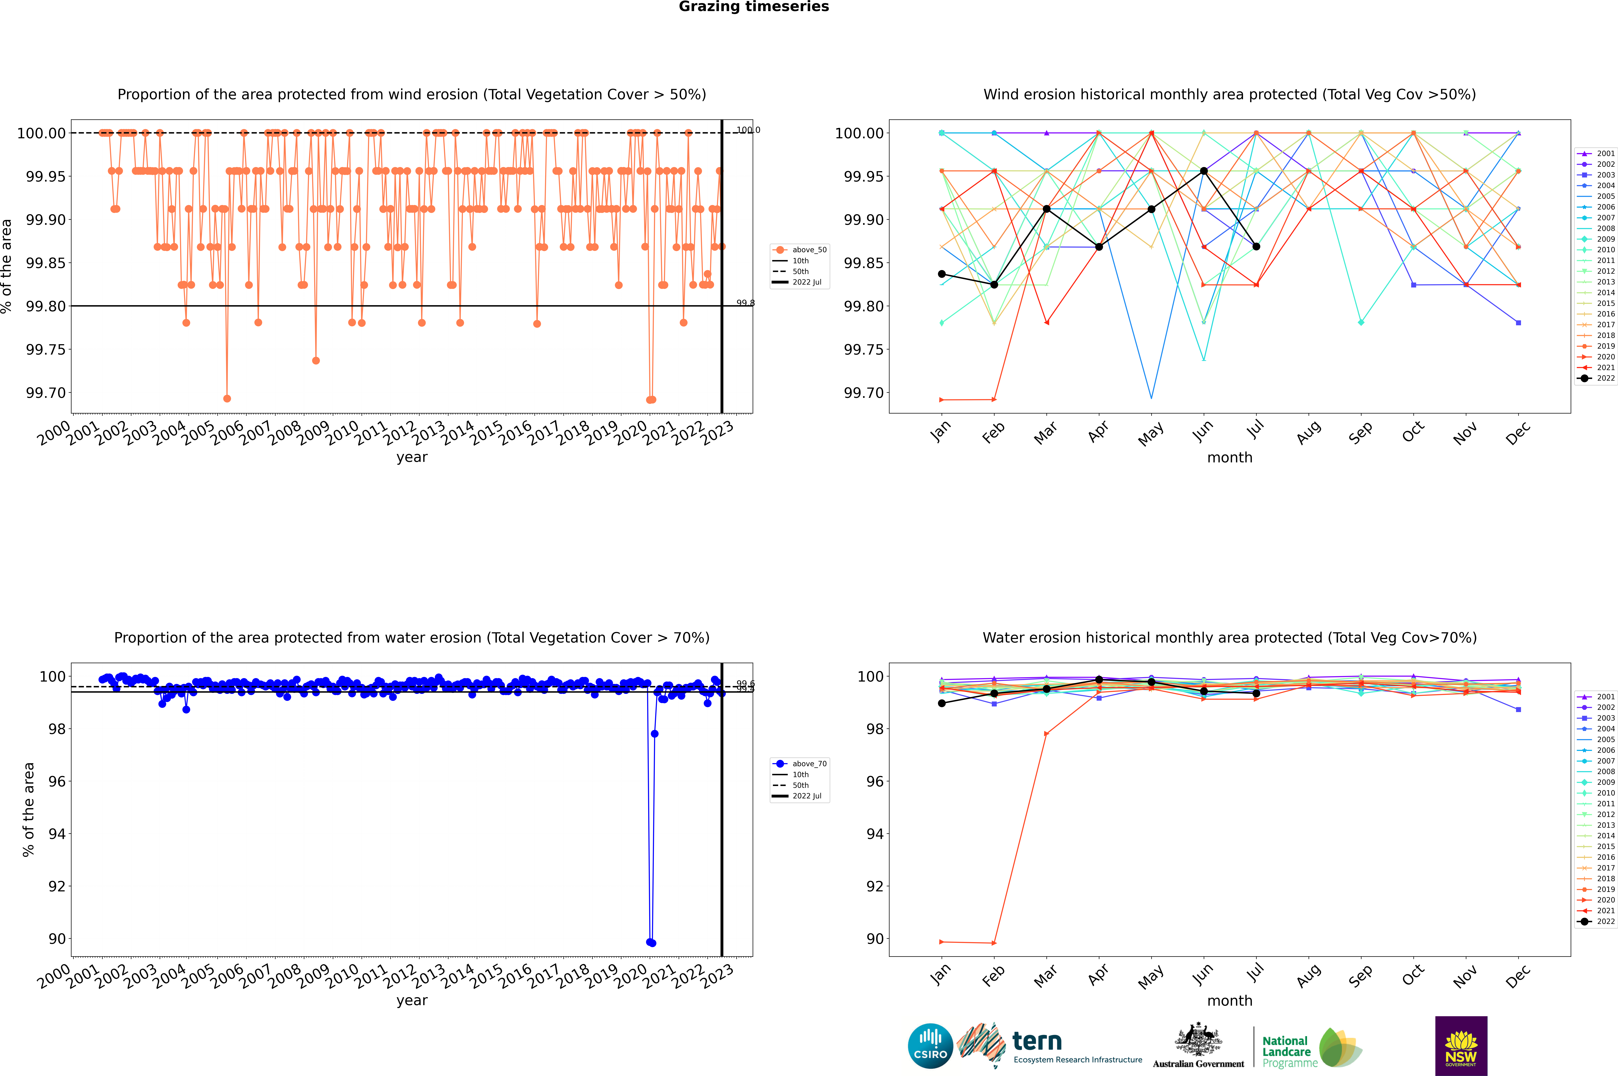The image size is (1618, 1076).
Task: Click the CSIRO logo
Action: pos(930,1046)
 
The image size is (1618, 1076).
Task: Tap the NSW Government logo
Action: pos(1461,1046)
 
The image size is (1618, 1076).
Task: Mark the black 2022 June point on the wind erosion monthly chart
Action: pos(1204,171)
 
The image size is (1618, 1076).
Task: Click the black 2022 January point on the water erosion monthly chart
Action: pos(942,703)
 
